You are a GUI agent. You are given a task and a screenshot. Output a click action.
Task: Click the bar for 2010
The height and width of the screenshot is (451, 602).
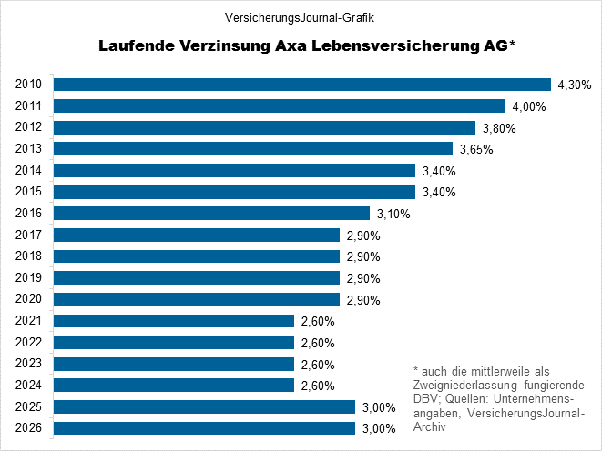click(302, 85)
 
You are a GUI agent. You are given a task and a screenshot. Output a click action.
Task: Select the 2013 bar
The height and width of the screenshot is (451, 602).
click(253, 149)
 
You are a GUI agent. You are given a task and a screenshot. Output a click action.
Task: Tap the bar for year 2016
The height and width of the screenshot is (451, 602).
click(212, 214)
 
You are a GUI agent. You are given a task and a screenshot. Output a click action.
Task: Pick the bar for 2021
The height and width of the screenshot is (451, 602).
click(174, 321)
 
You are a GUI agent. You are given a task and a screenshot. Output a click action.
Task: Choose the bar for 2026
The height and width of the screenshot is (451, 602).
click(204, 428)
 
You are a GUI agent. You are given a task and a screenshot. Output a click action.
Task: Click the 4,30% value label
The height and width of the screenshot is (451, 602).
click(574, 85)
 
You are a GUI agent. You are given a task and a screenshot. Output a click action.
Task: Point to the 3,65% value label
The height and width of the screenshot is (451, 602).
click(474, 149)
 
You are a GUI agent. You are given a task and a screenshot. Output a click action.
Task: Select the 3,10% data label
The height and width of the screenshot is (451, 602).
click(393, 214)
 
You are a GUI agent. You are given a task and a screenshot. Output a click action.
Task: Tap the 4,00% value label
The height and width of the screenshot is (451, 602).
click(527, 106)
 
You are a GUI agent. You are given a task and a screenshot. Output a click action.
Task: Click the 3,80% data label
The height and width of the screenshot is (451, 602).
click(497, 128)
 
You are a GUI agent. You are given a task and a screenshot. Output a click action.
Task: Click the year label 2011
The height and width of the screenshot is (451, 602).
click(29, 106)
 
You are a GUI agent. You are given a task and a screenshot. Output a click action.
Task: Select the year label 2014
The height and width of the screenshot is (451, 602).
click(29, 171)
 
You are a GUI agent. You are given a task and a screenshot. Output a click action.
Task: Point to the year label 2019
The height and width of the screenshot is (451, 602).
click(29, 278)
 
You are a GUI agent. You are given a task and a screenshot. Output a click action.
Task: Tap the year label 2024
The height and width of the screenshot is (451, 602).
click(29, 386)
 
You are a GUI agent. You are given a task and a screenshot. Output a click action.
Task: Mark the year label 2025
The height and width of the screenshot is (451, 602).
click(29, 406)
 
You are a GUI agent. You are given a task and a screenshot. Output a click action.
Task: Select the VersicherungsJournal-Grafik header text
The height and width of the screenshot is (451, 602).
click(301, 17)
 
